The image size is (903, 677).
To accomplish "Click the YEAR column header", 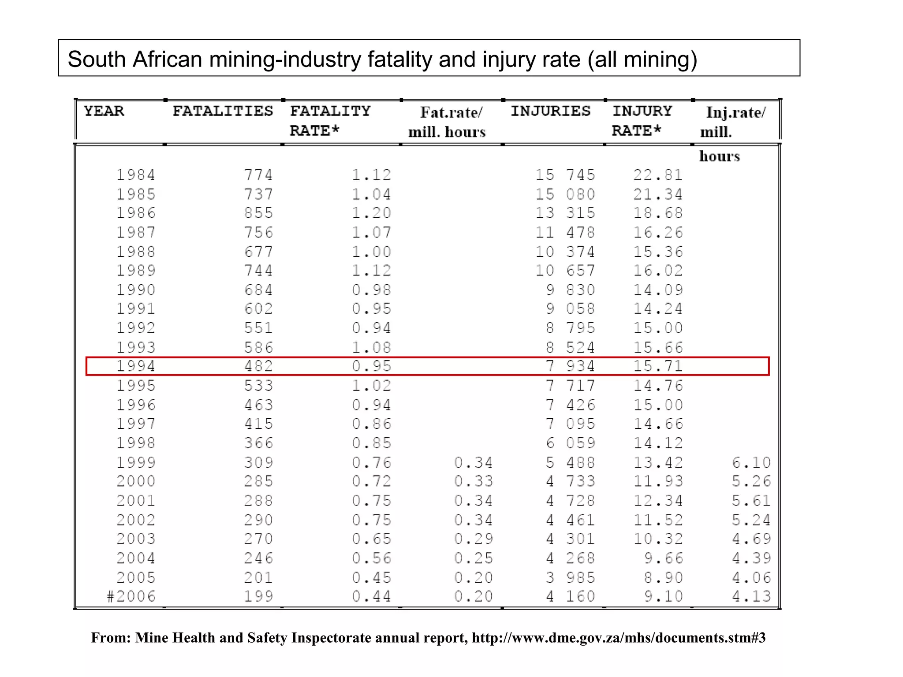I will [x=104, y=111].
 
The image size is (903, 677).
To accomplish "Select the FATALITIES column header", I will [x=223, y=111].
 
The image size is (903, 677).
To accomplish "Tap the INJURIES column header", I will [x=550, y=111].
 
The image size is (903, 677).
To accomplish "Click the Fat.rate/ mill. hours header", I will [x=447, y=122].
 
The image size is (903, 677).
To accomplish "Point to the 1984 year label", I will [x=136, y=175].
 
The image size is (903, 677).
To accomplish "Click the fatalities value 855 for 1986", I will [x=259, y=213].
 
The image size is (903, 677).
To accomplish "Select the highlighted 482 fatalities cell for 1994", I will [x=259, y=366].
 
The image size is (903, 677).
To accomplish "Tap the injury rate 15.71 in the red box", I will [x=658, y=366].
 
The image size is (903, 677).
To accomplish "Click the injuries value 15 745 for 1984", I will [x=565, y=175].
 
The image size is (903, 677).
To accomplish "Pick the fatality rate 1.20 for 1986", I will [x=371, y=213].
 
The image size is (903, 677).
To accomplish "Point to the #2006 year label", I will [x=131, y=596].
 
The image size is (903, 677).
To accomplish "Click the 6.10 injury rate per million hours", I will [x=751, y=462].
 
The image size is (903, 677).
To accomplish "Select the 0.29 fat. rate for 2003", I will [x=474, y=539].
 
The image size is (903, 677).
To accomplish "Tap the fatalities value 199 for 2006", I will [x=259, y=596].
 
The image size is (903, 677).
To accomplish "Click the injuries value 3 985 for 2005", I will [x=571, y=577].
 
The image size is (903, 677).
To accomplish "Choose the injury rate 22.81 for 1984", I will [x=658, y=175].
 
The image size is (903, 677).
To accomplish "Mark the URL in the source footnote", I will [x=619, y=638].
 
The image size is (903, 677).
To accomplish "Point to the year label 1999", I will [x=136, y=462].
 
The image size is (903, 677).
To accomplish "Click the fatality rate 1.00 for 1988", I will [x=371, y=252].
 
